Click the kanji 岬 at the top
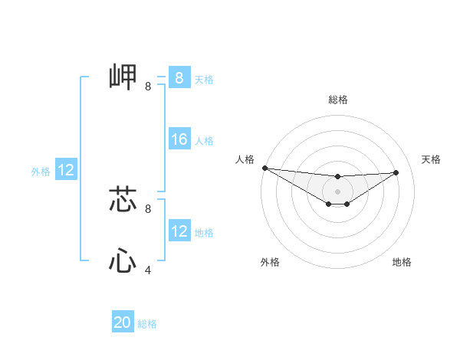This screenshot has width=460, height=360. coord(123,77)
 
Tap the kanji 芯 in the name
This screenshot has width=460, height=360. coord(123,198)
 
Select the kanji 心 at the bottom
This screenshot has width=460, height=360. coord(123,260)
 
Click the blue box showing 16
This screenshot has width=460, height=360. coord(179,139)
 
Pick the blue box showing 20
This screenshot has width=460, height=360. coord(123,322)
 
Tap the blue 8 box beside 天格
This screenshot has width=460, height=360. coord(179,77)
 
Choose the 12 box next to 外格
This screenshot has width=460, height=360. coord(66,170)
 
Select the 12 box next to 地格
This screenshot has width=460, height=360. coord(179,231)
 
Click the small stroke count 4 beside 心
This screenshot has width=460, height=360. coord(148,270)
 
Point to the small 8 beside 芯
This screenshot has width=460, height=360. coord(148,208)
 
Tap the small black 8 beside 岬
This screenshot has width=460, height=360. coord(148,87)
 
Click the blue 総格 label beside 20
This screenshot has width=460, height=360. coord(147,324)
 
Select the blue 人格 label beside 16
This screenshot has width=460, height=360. coord(204,141)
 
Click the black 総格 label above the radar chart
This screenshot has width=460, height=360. coord(338,100)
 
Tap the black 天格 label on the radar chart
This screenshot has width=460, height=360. coord(431,159)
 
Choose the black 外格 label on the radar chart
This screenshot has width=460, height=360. coord(270,262)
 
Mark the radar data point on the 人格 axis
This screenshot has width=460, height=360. coord(264,168)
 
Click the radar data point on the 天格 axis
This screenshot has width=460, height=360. coord(396,172)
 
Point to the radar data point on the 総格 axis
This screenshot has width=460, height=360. coord(338,177)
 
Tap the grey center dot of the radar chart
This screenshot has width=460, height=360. coord(338,191)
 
